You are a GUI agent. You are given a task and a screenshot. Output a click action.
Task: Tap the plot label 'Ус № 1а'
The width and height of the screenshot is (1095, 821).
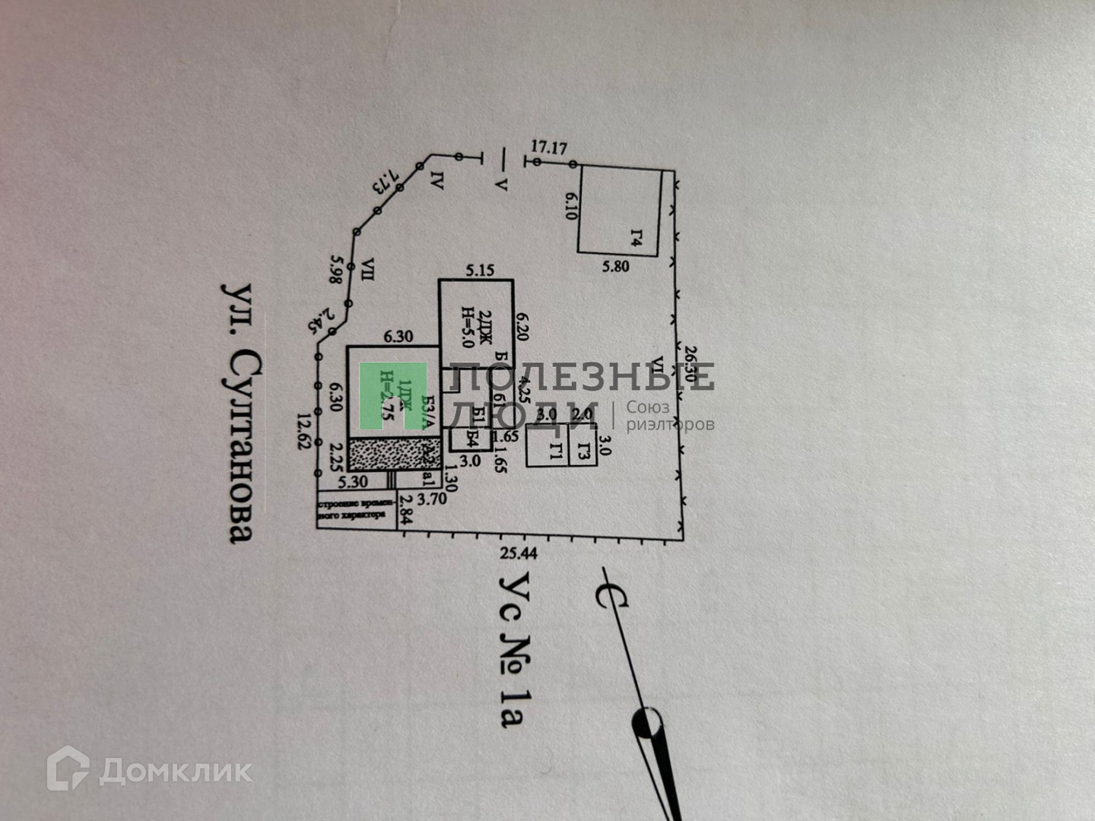point(514,649)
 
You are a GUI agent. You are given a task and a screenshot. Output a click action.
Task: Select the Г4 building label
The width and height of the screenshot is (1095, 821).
point(637,240)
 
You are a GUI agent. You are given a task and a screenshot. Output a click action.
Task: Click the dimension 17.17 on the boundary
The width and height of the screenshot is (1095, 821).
point(548,147)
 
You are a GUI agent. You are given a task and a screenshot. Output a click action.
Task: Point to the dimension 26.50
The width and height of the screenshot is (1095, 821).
point(690,364)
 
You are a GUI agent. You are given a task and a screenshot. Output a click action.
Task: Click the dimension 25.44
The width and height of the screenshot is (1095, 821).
point(519,553)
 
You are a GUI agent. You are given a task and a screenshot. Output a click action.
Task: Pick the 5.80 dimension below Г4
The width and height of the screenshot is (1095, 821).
point(616,267)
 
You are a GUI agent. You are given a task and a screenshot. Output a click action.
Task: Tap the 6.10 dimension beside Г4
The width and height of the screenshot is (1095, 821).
point(572,204)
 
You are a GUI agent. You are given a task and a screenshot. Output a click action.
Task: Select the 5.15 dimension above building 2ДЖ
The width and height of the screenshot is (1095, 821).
point(480,270)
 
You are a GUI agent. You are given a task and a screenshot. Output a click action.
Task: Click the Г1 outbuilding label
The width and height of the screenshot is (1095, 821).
point(556,452)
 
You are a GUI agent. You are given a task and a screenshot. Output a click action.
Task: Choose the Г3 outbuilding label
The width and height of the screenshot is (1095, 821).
point(583,452)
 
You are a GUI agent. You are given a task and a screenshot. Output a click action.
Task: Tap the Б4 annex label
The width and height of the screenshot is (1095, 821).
point(472,439)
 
